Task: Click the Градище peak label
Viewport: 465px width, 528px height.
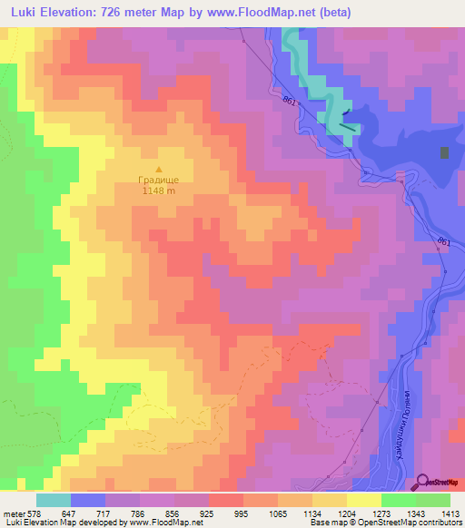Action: click(159, 181)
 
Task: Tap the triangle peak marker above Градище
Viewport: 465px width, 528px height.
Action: click(160, 169)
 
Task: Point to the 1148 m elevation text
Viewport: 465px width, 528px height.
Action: click(158, 191)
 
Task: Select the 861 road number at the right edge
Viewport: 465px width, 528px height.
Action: click(442, 242)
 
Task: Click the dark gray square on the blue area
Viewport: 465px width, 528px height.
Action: click(444, 152)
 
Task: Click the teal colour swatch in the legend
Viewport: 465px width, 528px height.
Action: click(53, 500)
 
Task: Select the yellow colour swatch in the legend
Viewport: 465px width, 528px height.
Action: click(363, 500)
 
